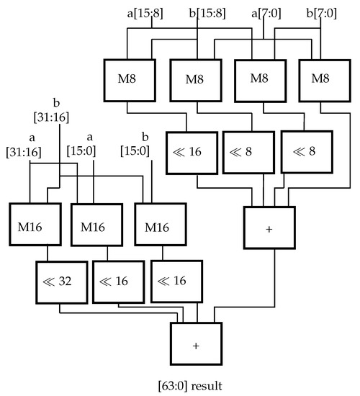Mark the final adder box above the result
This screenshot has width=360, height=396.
point(196,344)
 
